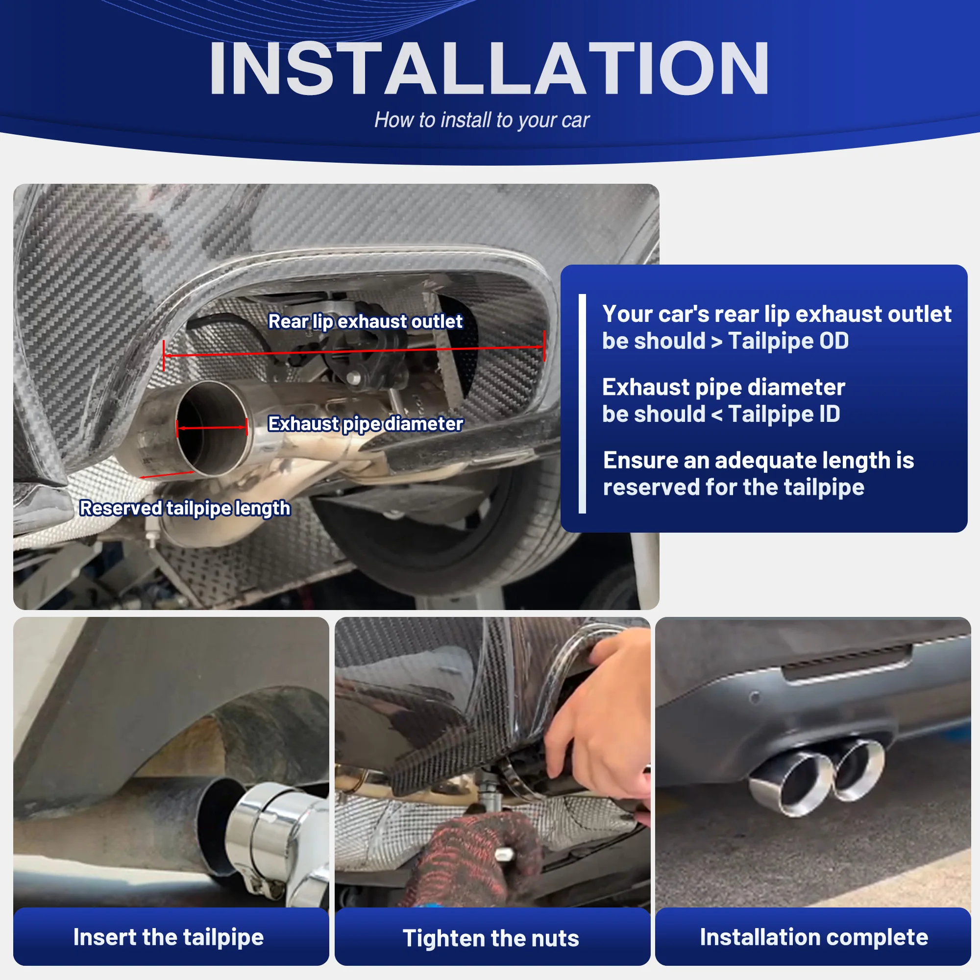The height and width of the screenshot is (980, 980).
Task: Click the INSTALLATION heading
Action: click(489, 68)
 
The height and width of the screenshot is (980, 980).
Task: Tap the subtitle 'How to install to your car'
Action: click(481, 120)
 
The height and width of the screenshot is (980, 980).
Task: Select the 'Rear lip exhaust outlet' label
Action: click(365, 321)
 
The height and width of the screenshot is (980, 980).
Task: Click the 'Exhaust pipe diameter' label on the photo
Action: click(365, 424)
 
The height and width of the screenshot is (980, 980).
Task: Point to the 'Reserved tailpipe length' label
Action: click(185, 508)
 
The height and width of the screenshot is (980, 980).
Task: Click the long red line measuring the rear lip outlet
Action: click(354, 351)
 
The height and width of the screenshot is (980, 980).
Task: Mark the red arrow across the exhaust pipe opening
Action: click(212, 428)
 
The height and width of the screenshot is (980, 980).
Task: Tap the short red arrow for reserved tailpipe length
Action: click(167, 475)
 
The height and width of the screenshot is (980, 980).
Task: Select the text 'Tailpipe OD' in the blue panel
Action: click(788, 341)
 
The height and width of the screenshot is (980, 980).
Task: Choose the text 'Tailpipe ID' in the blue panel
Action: click(784, 414)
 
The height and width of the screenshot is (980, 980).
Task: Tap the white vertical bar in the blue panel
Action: click(582, 403)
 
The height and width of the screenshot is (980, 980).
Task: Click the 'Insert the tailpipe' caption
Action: click(169, 937)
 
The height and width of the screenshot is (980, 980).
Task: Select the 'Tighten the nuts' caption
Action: click(490, 938)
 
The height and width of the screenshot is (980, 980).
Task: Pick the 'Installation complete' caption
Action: click(813, 937)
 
